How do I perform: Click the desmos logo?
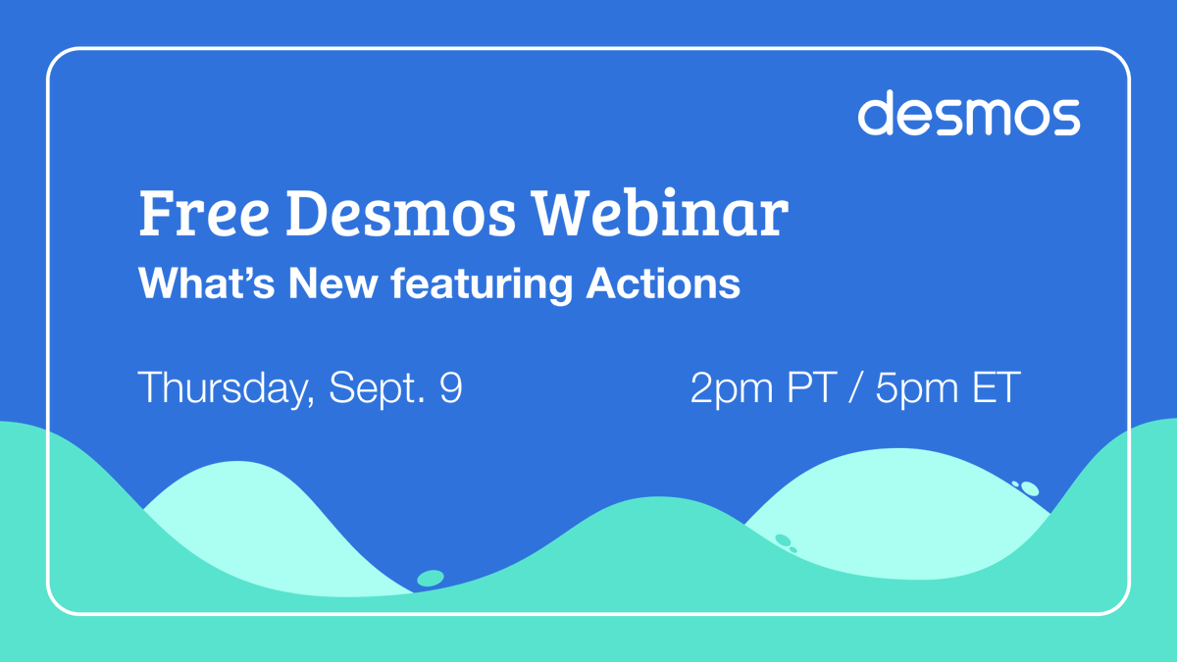click(969, 114)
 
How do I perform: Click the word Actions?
click(663, 284)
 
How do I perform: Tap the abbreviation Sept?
click(372, 389)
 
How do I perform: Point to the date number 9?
click(450, 388)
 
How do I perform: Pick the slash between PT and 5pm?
click(856, 388)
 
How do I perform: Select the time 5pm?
click(916, 389)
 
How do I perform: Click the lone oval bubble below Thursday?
click(430, 579)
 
